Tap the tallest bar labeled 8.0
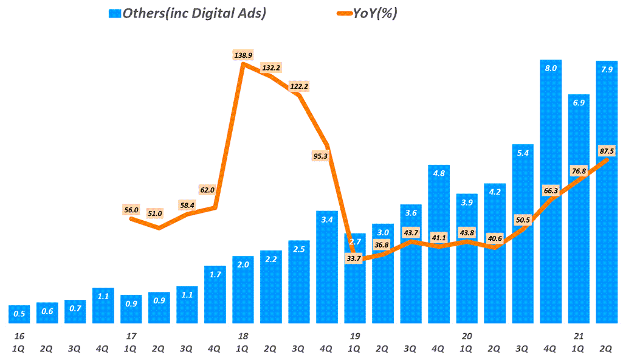point(551,191)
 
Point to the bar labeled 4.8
point(439,243)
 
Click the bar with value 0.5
point(19,314)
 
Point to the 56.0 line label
point(131,210)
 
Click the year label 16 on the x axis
point(19,336)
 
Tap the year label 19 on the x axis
point(355,336)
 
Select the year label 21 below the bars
point(579,336)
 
